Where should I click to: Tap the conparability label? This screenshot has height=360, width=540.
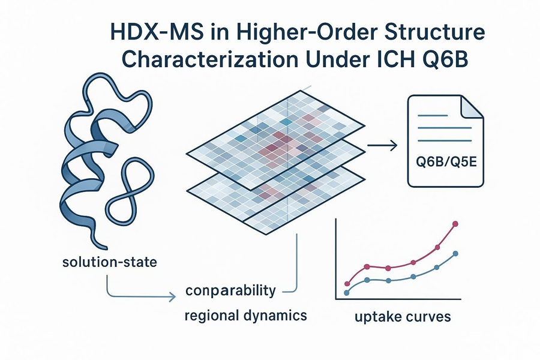tap(230, 291)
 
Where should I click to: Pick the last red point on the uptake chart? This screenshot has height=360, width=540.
tap(455, 224)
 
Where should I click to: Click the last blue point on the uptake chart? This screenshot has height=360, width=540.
tap(457, 254)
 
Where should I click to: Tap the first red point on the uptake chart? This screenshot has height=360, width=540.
tap(347, 283)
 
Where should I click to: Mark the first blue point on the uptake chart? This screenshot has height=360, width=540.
tap(346, 293)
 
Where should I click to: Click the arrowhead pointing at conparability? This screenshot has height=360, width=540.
tap(175, 296)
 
